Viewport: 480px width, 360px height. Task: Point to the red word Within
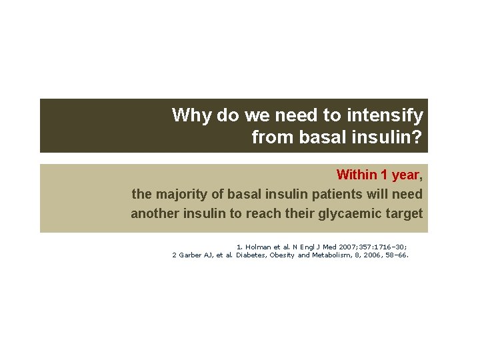(356, 175)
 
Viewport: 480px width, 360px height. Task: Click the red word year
(405, 175)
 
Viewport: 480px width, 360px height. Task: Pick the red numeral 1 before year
(385, 175)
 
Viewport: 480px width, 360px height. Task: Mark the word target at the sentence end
(404, 213)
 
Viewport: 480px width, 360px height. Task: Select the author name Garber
(193, 255)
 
